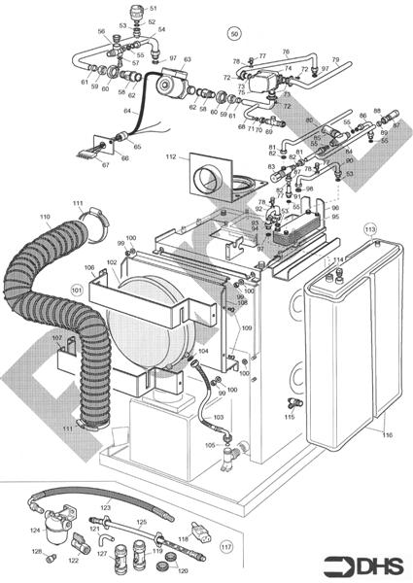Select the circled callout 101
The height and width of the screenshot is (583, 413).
click(77, 290)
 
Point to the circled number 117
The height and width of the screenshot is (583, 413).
click(226, 546)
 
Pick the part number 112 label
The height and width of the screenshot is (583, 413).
click(170, 156)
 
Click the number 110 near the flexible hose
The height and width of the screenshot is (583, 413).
click(45, 216)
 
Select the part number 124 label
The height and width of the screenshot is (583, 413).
click(34, 531)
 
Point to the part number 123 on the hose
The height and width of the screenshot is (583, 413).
click(106, 506)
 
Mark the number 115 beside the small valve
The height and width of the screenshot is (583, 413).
click(289, 416)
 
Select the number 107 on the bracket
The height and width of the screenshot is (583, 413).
click(57, 337)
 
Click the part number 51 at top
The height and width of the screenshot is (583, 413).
click(153, 8)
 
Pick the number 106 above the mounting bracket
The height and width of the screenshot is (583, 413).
click(88, 268)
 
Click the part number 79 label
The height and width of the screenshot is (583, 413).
click(335, 60)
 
